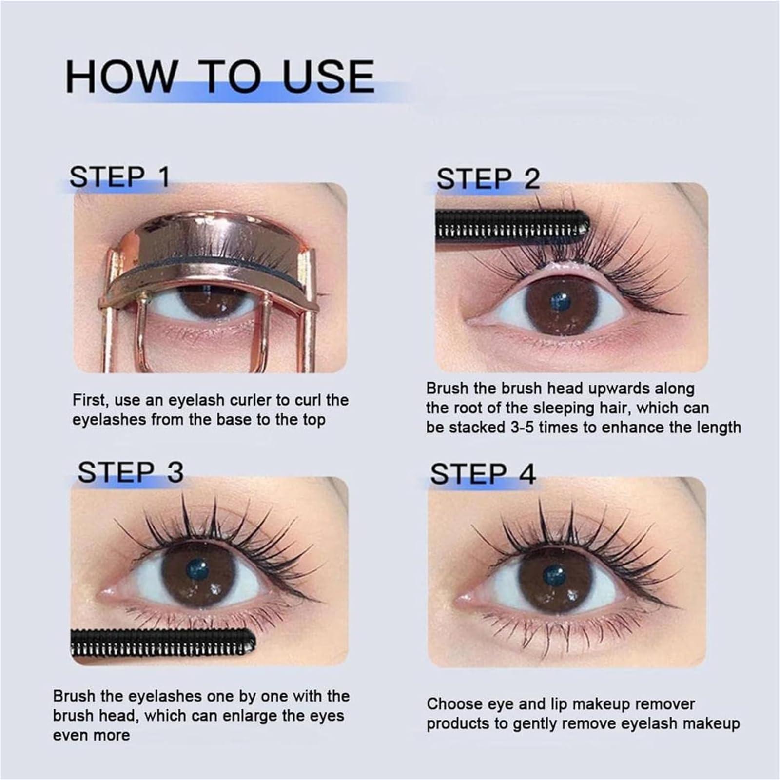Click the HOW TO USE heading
(220, 76)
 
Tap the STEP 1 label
(119, 176)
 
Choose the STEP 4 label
(483, 474)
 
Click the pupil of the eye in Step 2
(560, 301)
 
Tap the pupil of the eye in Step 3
(198, 568)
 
